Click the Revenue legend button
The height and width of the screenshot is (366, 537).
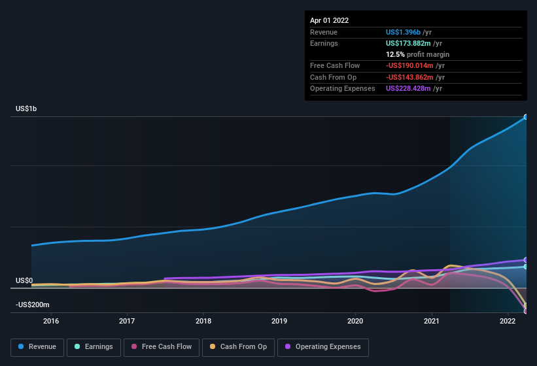[x=37, y=347]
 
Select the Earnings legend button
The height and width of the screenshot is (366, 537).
[x=92, y=347]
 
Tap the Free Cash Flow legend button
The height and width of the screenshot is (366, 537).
[x=161, y=347]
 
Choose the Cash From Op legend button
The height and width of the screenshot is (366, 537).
[x=238, y=347]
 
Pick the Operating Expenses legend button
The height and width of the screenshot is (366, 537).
[x=323, y=347]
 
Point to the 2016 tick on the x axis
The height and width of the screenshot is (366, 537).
[x=51, y=321]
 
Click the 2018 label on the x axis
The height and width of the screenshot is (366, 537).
[x=203, y=321]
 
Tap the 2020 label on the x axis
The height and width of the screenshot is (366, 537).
[x=355, y=321]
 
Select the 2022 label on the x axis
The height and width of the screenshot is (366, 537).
[x=508, y=321]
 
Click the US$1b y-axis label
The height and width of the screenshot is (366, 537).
[x=26, y=108]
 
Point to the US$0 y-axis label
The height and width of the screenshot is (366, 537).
[x=24, y=280]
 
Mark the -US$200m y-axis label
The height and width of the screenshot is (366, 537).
[x=33, y=305]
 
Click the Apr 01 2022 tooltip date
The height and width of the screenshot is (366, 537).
[x=330, y=20]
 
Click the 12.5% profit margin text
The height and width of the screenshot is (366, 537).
[x=417, y=54]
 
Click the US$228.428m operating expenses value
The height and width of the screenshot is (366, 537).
[x=409, y=88]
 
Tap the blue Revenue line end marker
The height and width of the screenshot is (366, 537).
[x=525, y=117]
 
